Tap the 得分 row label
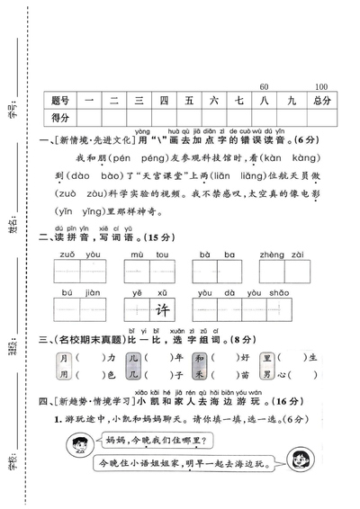coord(61,118)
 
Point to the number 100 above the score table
coord(321,86)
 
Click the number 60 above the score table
coord(264,86)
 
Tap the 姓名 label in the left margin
coord(13,223)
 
